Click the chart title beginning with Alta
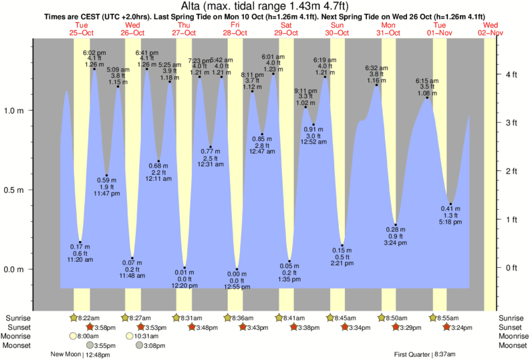pos(265,7)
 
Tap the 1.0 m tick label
pos(15,111)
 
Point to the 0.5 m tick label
pos(15,190)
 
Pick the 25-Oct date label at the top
pos(81,32)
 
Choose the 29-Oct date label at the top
pos(286,32)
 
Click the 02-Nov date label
pos(491,32)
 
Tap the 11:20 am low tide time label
pos(80,260)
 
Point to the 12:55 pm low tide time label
pos(236,287)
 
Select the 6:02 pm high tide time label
pos(94,52)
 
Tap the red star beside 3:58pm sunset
pos(90,327)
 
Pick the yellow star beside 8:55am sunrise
pos(434,318)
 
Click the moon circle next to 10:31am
pos(130,336)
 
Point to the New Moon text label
pos(65,355)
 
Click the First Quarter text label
pos(412,355)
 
